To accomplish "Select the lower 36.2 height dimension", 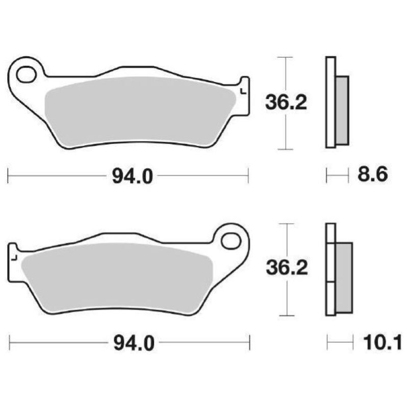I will tap(287, 269).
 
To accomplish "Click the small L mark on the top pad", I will tap(242, 91).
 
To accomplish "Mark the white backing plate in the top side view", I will tap(330, 103).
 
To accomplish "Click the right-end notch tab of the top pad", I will tap(245, 95).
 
